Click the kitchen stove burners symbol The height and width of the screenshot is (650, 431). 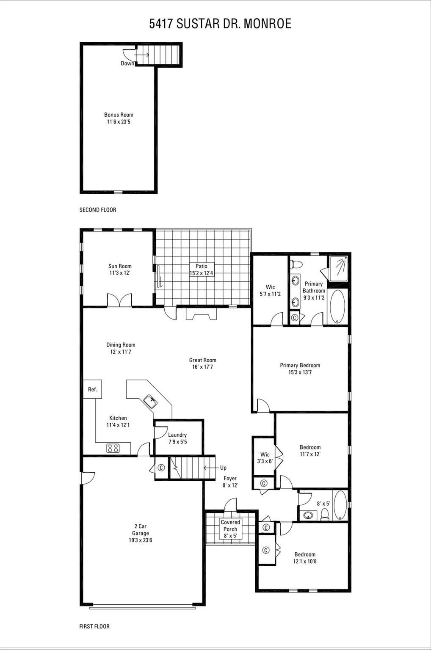pos(113,448)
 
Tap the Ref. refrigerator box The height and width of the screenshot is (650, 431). pos(92,389)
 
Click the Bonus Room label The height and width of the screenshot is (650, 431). pos(119,115)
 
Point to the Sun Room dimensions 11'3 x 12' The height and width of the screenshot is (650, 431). pos(119,273)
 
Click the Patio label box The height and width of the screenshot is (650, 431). pos(202,269)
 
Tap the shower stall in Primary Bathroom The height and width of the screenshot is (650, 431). pos(338,268)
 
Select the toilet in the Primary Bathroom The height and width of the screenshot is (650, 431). pos(296,264)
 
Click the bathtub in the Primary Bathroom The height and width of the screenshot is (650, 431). pos(337,306)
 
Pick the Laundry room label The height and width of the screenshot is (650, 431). pos(177,435)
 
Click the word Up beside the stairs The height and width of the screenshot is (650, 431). pos(223,468)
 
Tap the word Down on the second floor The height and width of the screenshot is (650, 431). pos(127,63)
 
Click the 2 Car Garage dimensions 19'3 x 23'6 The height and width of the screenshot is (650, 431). pos(141,540)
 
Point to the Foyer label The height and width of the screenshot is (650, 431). pos(230,478)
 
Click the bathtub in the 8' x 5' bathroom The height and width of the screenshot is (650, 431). pos(340,505)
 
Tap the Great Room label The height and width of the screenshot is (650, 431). pos(202,360)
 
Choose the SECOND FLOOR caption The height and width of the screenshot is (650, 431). pos(98,210)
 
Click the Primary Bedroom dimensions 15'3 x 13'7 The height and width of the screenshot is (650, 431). pos(300,372)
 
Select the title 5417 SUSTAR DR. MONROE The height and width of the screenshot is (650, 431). pos(220,24)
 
